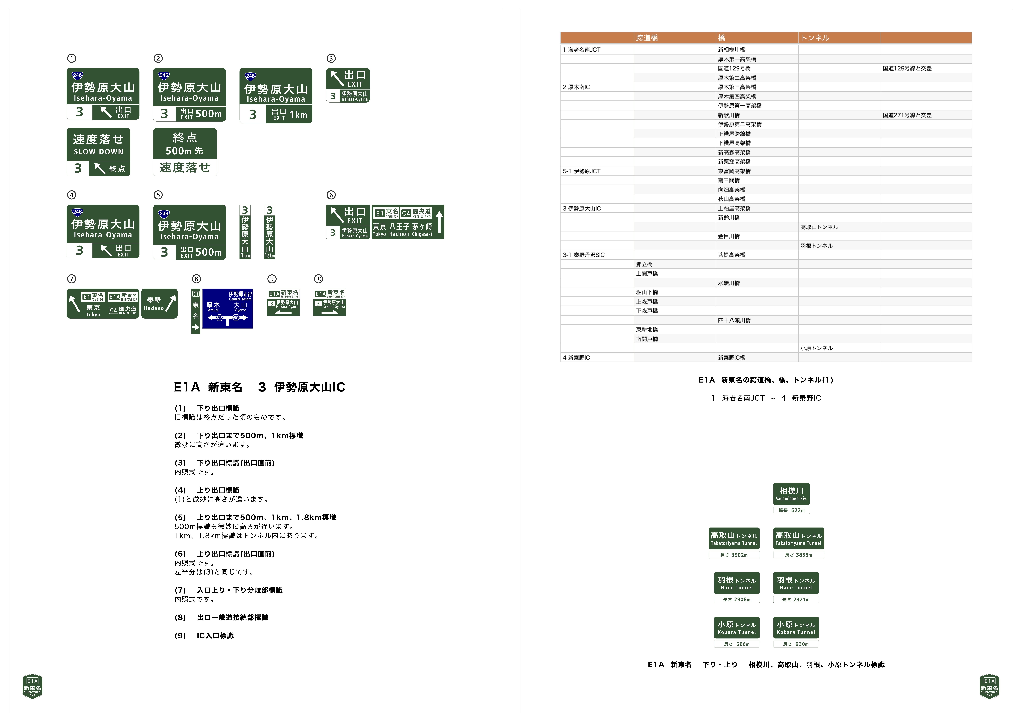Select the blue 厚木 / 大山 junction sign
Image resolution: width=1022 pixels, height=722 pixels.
pyautogui.click(x=227, y=308)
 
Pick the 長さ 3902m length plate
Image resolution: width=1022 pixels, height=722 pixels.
pyautogui.click(x=734, y=555)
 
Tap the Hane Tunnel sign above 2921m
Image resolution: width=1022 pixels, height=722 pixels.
pyautogui.click(x=796, y=583)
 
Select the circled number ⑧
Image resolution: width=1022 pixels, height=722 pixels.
pyautogui.click(x=196, y=279)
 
